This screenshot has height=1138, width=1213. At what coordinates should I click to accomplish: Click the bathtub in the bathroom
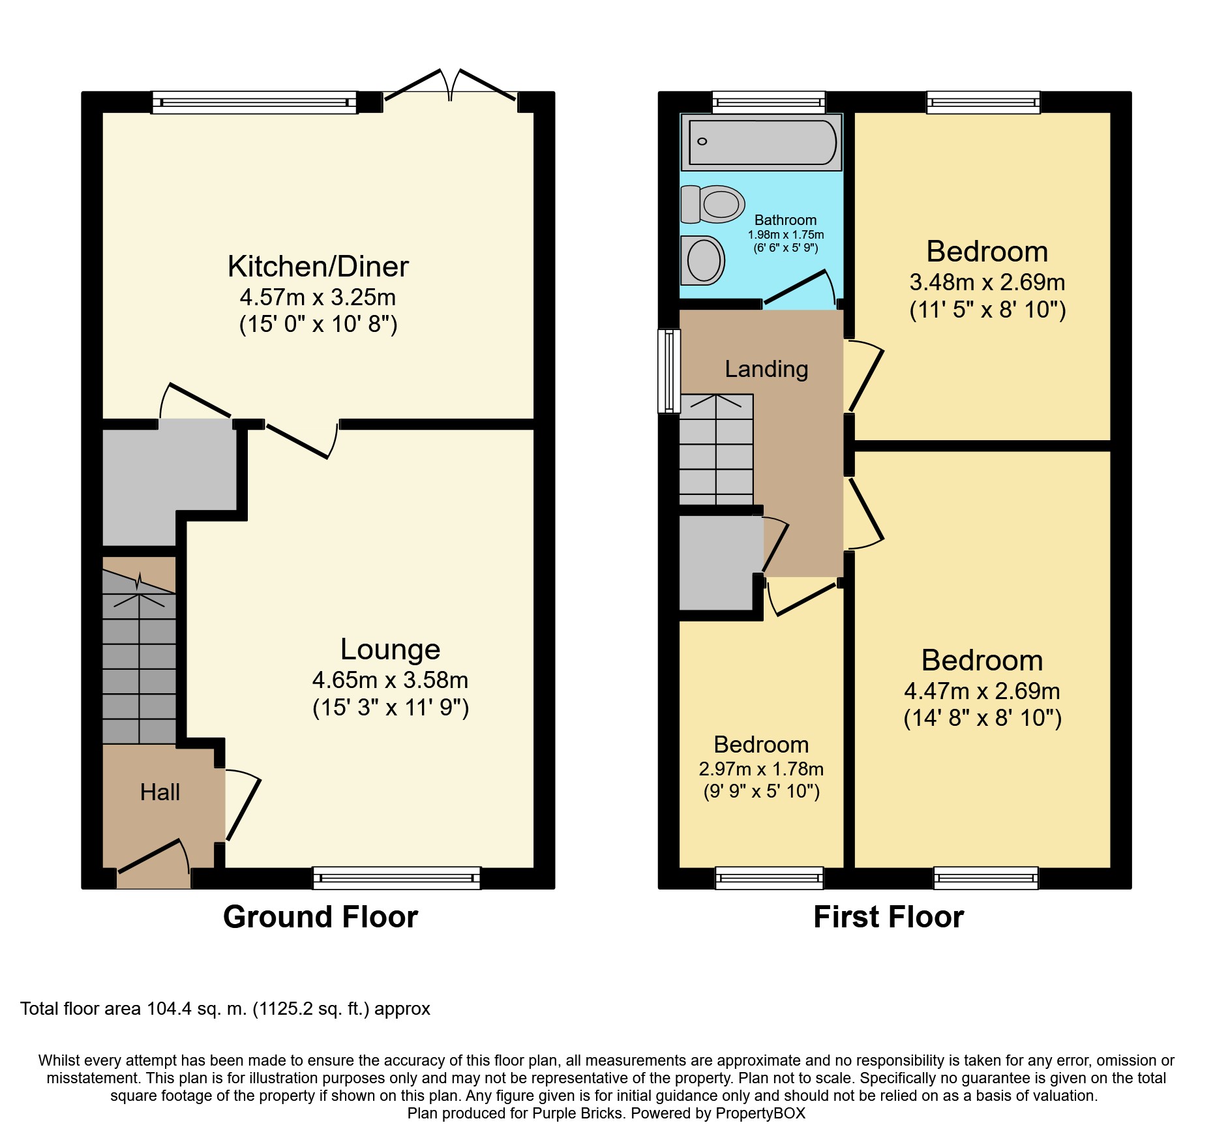pyautogui.click(x=761, y=142)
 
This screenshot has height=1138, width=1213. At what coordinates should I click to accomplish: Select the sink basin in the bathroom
pyautogui.click(x=702, y=260)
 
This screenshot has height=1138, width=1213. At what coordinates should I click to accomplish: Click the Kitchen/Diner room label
pyautogui.click(x=318, y=266)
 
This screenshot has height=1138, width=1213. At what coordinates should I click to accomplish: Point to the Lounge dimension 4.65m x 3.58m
pyautogui.click(x=390, y=680)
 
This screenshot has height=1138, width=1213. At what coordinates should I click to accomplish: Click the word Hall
pyautogui.click(x=160, y=792)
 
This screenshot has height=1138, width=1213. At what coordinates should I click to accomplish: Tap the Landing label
pyautogui.click(x=766, y=369)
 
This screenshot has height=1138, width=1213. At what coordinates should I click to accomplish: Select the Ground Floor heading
pyautogui.click(x=320, y=917)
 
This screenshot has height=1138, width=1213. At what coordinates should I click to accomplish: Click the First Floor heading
pyautogui.click(x=888, y=917)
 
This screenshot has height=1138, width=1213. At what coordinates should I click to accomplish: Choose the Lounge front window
pyautogui.click(x=397, y=878)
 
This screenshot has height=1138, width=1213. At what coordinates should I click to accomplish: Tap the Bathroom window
pyautogui.click(x=769, y=102)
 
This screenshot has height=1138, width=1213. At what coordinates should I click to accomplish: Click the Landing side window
pyautogui.click(x=669, y=371)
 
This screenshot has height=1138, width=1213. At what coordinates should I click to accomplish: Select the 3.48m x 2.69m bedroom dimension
pyautogui.click(x=987, y=282)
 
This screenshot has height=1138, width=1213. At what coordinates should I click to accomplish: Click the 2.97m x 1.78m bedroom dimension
pyautogui.click(x=761, y=770)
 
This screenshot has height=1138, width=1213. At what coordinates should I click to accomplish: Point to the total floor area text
pyautogui.click(x=225, y=1009)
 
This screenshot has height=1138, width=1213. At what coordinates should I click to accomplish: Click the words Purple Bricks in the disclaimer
pyautogui.click(x=577, y=1113)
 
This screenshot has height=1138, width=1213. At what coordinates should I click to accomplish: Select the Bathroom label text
pyautogui.click(x=785, y=220)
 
